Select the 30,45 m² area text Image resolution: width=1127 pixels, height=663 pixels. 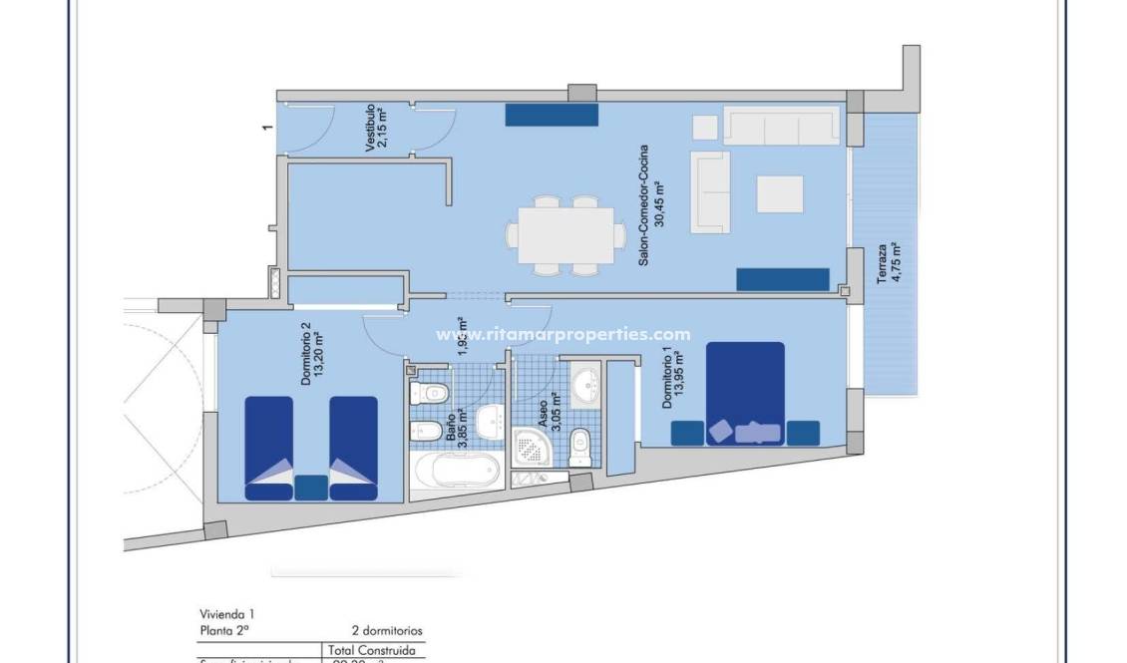click(x=659, y=204)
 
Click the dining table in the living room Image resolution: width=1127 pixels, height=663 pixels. click(x=564, y=235)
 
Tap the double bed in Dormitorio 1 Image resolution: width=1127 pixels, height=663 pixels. click(x=746, y=393)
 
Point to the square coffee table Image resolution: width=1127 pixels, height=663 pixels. click(x=780, y=193)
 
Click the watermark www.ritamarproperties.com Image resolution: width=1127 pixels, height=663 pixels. click(x=563, y=334)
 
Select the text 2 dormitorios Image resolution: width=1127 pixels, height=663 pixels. click(x=387, y=630)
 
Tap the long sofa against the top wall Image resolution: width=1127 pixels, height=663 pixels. click(x=780, y=128)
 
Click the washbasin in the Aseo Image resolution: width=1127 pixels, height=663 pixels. click(x=586, y=381)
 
